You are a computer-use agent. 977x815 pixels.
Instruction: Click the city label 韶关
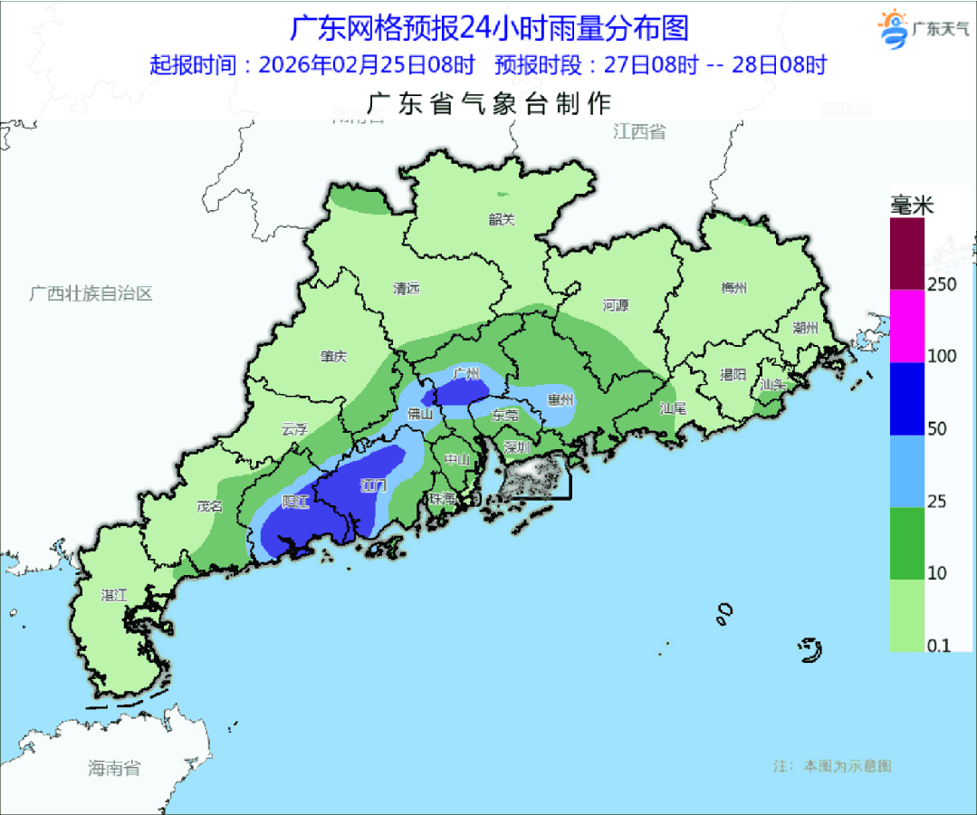tap(501, 219)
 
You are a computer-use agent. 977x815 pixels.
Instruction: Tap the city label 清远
tap(407, 289)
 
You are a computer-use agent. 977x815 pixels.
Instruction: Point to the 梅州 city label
tap(733, 289)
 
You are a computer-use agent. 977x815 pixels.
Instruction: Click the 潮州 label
tap(804, 328)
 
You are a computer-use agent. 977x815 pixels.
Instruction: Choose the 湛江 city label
tap(114, 595)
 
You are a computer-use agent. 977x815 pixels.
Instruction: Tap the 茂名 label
tap(210, 506)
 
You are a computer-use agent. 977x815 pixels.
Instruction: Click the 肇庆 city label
tap(333, 357)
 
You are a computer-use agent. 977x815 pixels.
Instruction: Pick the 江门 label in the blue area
tap(373, 485)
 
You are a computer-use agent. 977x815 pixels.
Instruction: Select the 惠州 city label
tap(560, 399)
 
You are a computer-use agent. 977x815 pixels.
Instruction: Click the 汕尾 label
tap(673, 408)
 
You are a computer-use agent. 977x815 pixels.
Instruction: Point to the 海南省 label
tap(114, 769)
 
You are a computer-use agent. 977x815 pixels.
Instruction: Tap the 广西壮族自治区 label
tap(91, 293)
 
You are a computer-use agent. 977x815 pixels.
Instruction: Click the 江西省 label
tap(638, 132)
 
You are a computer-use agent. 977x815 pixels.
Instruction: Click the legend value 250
tap(942, 284)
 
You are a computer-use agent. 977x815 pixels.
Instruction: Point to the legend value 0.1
tap(939, 646)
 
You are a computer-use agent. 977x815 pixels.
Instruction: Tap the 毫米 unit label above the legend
tap(911, 206)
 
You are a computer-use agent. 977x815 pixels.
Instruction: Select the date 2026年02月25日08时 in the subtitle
tap(367, 65)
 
